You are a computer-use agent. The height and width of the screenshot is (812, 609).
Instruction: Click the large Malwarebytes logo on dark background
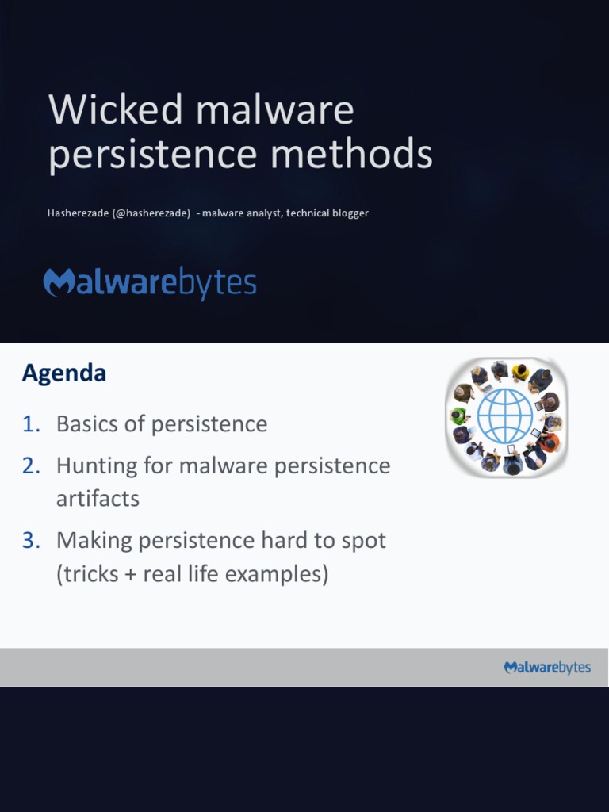150,284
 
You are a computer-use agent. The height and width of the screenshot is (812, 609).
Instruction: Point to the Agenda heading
63,373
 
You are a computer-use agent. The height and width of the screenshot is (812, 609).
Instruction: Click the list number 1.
31,424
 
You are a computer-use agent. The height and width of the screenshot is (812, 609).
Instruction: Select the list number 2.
31,465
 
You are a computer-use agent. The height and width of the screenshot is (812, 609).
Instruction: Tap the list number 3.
31,541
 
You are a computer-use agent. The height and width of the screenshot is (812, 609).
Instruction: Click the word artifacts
98,499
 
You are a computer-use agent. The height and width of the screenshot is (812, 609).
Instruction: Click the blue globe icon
505,416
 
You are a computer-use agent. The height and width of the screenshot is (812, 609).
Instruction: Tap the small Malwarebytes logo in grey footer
547,668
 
